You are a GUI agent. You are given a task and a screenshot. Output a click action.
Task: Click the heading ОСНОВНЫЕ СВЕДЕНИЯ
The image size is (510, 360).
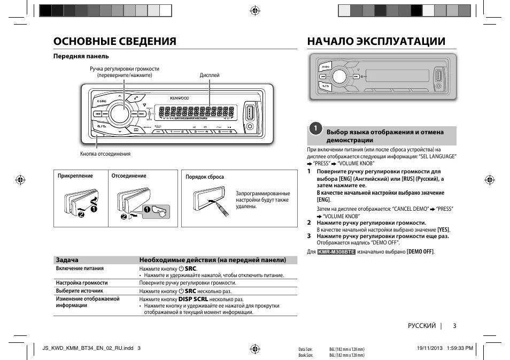pyautogui.click(x=115, y=41)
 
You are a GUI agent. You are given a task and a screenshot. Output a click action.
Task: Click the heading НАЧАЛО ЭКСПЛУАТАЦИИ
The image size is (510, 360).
pyautogui.click(x=376, y=41)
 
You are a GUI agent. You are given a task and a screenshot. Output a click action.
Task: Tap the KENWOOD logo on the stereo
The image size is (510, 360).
pyautogui.click(x=180, y=98)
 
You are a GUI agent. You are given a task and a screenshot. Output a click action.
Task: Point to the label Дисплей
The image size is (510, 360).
pyautogui.click(x=210, y=75)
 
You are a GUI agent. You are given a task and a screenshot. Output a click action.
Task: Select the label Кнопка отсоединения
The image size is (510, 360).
pyautogui.click(x=105, y=154)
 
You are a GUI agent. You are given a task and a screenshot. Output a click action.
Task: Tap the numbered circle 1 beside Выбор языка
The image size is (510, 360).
pyautogui.click(x=316, y=128)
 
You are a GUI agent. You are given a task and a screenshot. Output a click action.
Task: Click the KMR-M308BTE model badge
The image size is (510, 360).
pyautogui.click(x=336, y=251)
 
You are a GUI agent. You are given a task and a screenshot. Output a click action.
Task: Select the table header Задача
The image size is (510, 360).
pyautogui.click(x=67, y=260)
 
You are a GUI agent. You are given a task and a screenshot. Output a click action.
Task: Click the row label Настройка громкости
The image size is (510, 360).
pyautogui.click(x=82, y=282)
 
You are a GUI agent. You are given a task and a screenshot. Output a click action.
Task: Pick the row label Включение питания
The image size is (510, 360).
pyautogui.click(x=80, y=269)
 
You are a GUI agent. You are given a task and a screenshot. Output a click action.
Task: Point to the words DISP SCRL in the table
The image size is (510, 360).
pyautogui.click(x=193, y=300)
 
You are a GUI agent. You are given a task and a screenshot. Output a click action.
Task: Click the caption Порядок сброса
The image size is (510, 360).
pyautogui.click(x=205, y=177)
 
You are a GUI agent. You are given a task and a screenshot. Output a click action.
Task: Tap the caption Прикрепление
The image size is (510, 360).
pyautogui.click(x=75, y=176)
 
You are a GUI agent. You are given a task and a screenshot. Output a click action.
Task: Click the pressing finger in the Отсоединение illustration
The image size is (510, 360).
pyautogui.click(x=159, y=210)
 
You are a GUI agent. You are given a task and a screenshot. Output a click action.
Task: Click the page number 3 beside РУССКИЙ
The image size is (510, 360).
pyautogui.click(x=454, y=326)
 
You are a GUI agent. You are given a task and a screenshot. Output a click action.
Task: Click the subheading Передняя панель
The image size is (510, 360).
pyautogui.click(x=81, y=56)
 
